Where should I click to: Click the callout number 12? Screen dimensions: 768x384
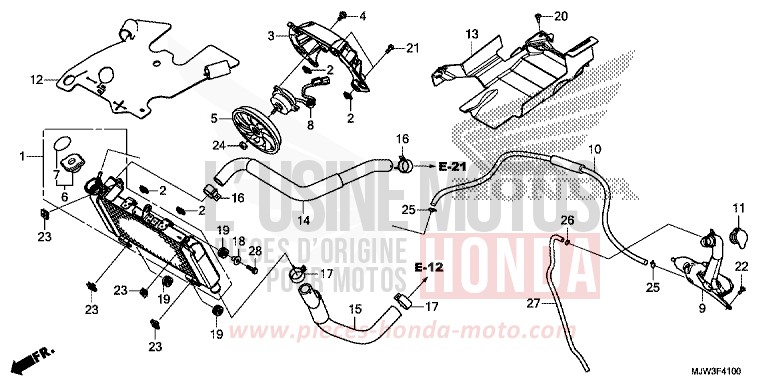(37, 78)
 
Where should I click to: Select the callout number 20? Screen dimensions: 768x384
(560, 16)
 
